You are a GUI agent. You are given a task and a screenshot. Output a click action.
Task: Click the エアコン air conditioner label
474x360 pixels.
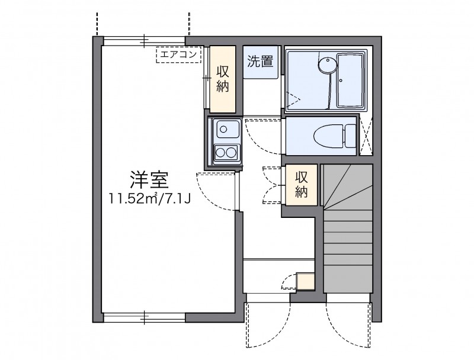[179, 55]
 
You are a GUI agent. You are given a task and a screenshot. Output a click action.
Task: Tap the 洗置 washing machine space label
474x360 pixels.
[260, 61]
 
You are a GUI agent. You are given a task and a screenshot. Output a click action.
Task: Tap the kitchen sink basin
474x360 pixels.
[226, 128]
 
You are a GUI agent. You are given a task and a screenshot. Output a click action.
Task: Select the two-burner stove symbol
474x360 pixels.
[226, 152]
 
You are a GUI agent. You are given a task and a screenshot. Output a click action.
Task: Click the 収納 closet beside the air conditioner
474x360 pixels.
[223, 79]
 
